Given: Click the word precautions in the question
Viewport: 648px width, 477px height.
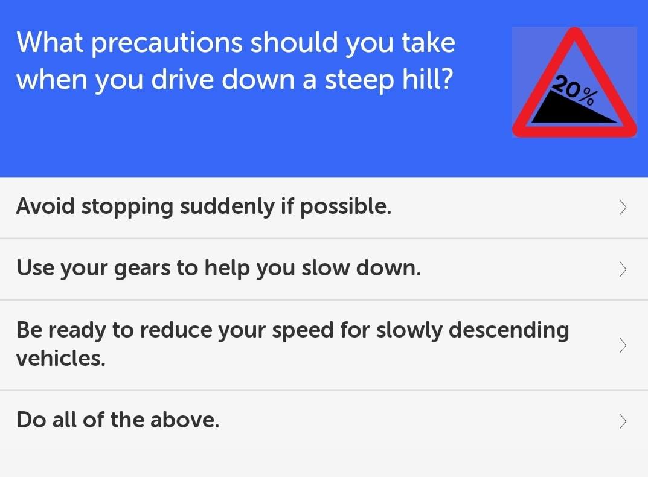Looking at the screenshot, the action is (167, 43).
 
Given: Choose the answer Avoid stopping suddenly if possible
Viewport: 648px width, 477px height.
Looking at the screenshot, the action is (204, 206).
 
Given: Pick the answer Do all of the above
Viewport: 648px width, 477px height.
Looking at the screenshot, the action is (118, 420).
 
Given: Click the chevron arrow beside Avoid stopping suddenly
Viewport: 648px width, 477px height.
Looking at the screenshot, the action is (623, 208).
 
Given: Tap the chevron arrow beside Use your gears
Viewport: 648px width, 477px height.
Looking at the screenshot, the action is (623, 269).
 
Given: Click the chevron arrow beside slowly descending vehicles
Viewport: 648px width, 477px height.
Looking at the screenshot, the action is (623, 345).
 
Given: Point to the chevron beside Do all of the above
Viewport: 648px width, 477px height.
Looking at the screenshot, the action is (623, 421).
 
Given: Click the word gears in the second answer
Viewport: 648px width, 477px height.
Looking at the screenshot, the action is (142, 269).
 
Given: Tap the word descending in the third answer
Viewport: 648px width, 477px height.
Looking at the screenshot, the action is (508, 331).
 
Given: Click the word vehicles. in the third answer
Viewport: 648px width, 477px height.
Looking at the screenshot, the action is (61, 358).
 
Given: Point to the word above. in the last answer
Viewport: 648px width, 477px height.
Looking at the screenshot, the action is (185, 420).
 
